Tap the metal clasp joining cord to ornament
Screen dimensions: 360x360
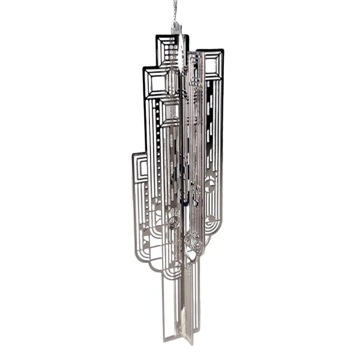176,28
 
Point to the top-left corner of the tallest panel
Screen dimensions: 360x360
156,36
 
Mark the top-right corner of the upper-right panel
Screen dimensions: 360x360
224,50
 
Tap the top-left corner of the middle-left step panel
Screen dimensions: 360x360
143,68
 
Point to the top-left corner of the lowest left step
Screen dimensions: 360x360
133,153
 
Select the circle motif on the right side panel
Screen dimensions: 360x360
209,185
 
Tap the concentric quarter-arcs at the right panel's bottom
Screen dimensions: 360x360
210,225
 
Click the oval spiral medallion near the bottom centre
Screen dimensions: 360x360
193,243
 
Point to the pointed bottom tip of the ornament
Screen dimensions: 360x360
189,344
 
